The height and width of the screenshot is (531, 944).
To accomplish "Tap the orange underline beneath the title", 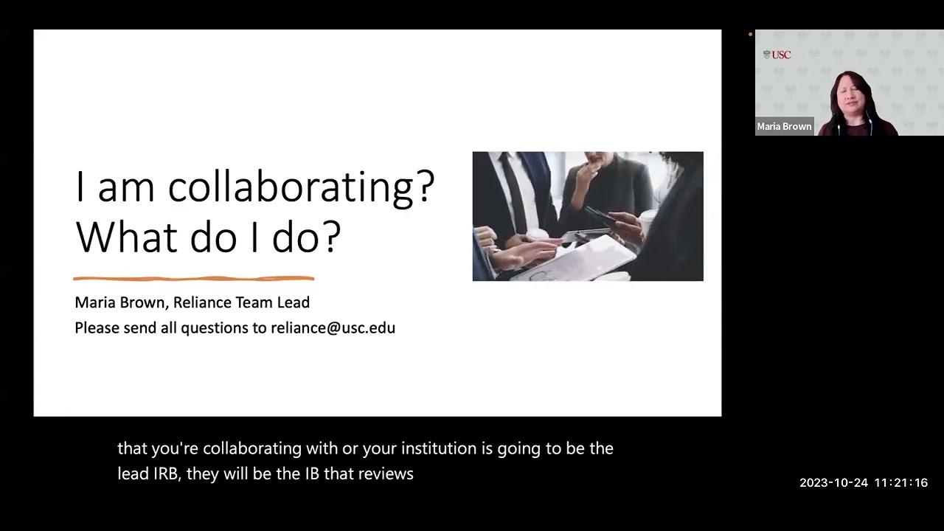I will pos(193,279).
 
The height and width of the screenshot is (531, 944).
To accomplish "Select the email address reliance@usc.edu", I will pos(333,327).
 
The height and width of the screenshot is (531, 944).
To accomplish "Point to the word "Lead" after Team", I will pos(293,302).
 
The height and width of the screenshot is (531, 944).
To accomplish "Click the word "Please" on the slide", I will pos(96,327).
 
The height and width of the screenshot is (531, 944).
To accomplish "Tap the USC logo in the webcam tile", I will pos(777,55).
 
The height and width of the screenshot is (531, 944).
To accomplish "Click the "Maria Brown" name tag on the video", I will pos(784,126).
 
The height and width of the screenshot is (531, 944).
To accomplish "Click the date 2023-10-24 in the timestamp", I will pos(833,483).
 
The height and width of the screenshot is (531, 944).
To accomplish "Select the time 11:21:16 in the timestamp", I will pos(900,483).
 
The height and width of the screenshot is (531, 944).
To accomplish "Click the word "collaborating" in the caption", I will pos(249,448).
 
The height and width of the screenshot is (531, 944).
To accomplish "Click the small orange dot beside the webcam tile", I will pos(750,34).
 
